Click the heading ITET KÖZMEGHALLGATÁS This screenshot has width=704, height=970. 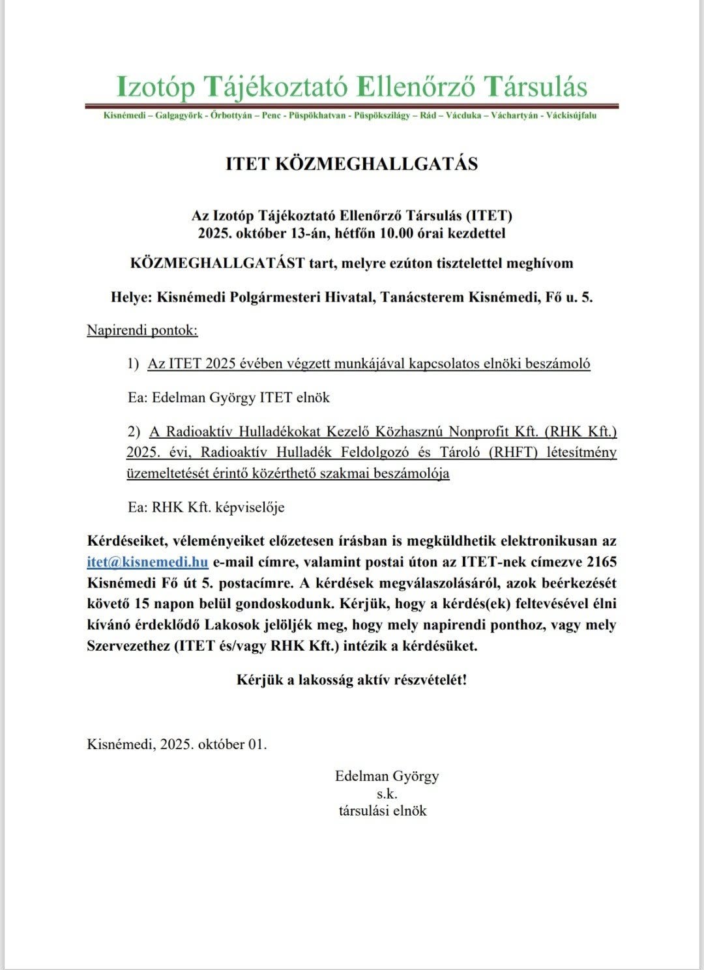point(351,164)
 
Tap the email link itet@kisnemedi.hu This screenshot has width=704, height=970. point(147,562)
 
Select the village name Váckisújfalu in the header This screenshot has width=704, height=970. point(570,115)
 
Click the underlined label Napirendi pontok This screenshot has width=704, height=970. point(142,330)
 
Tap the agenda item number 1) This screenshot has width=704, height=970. point(134,364)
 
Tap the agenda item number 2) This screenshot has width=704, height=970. point(134,432)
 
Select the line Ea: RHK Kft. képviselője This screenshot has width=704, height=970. point(206,507)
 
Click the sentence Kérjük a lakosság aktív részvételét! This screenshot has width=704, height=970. point(351,680)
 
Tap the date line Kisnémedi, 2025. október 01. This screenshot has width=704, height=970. point(177,744)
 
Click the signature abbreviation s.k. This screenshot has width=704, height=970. point(387,794)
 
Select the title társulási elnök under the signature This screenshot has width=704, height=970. point(383,811)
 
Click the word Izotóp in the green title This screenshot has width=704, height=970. point(154,87)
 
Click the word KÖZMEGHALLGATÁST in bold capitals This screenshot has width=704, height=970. point(218,263)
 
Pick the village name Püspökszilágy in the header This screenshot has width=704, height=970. point(381,115)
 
